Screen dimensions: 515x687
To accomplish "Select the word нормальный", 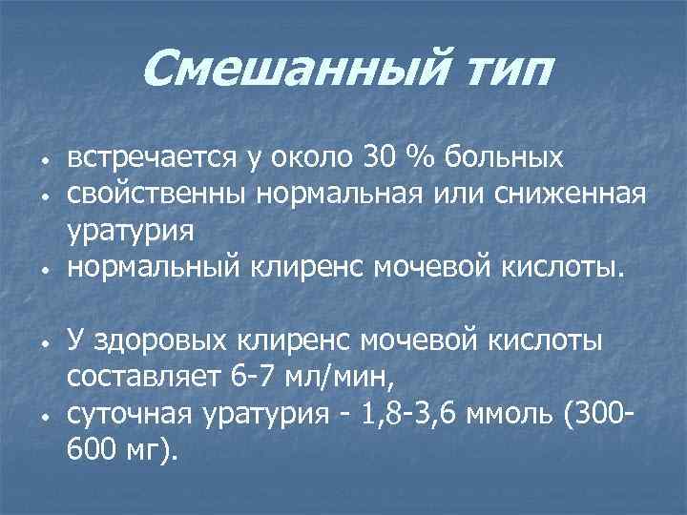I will point(156,269).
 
